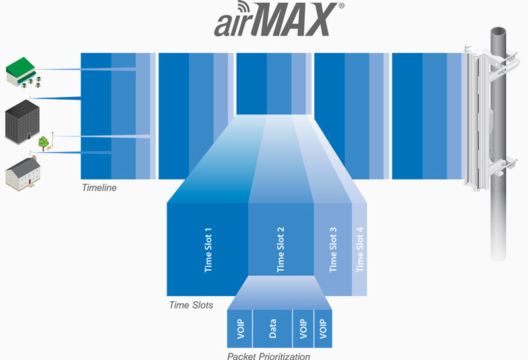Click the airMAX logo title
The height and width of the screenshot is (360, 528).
(279, 19)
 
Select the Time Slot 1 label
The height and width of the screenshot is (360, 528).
(208, 250)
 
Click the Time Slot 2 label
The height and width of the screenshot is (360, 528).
(280, 250)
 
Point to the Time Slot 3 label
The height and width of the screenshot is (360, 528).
(333, 250)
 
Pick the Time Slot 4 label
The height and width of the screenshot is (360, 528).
(360, 250)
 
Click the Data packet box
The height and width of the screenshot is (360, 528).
(273, 328)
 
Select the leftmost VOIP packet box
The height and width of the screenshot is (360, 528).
(240, 328)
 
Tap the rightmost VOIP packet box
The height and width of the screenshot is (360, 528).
(323, 328)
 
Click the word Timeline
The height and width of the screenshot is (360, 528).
(100, 188)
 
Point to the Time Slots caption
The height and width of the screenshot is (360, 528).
(191, 305)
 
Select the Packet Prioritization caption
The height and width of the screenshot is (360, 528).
(269, 355)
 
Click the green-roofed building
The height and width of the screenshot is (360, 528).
(23, 72)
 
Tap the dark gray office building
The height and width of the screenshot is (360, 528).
(22, 121)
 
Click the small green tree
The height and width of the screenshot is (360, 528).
(43, 143)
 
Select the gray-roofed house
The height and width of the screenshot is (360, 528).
(23, 173)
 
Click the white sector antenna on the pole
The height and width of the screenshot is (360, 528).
(477, 118)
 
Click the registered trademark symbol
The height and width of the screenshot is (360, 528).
(341, 5)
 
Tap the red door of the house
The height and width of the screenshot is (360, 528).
(30, 182)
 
